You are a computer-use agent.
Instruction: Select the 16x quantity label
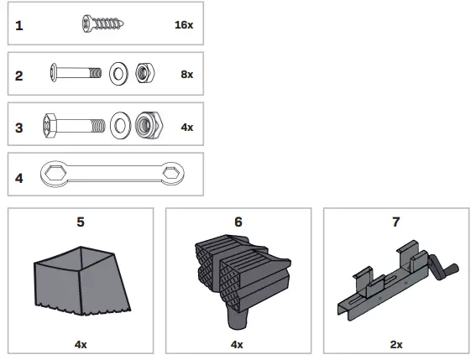pos(184,25)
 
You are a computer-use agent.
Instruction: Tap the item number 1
pos(19,25)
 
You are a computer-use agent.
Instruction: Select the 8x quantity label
pos(186,75)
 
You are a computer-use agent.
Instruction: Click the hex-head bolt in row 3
pos(71,126)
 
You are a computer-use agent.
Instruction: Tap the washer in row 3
pos(121,127)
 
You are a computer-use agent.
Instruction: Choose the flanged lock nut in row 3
pos(149,127)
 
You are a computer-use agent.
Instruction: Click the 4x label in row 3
pos(186,127)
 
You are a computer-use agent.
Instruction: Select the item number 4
pos(19,178)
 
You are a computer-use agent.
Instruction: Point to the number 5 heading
pos(81,222)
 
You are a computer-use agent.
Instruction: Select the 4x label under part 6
pos(238,344)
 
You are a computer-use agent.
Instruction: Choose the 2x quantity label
pos(395,344)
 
